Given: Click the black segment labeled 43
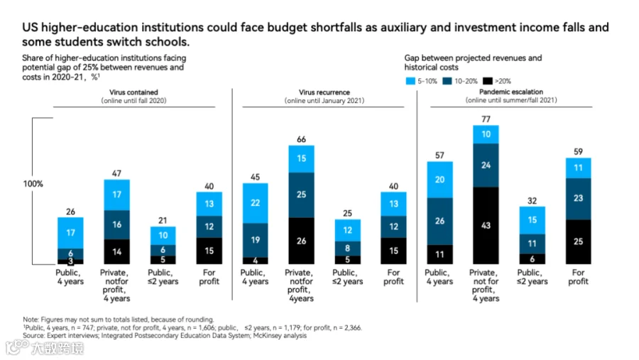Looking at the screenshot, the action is (x=486, y=226).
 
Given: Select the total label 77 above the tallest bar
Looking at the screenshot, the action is (x=486, y=119).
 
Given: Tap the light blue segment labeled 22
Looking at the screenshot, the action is (x=255, y=203).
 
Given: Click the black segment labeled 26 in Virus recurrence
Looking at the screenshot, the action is (x=301, y=241).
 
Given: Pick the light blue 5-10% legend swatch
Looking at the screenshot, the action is (x=410, y=81).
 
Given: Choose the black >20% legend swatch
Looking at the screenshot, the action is (x=487, y=81).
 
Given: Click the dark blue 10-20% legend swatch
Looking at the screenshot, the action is (x=447, y=81).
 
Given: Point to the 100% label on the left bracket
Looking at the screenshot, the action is (x=33, y=184).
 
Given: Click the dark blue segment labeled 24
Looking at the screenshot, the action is (x=486, y=165).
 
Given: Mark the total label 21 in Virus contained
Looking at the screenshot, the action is (x=163, y=221).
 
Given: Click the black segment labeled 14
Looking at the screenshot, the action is (x=116, y=251).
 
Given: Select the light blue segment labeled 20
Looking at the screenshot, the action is (x=439, y=180).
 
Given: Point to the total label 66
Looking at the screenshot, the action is (x=301, y=139).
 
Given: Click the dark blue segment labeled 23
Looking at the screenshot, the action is (x=578, y=199).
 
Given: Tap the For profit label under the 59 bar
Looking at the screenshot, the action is (x=578, y=277).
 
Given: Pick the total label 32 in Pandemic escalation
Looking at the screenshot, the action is (x=532, y=200).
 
